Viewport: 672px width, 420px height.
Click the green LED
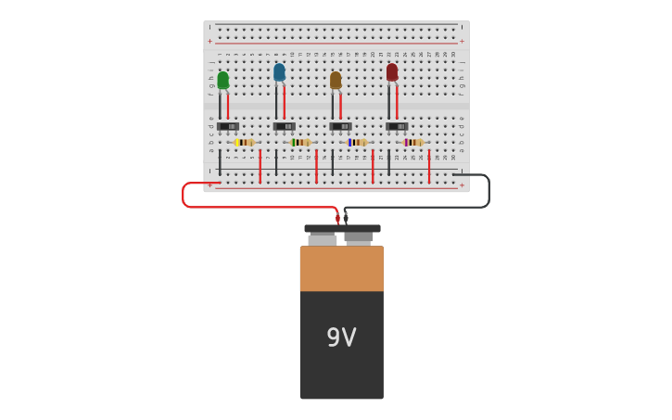coord(222,80)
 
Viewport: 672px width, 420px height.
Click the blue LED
coord(279,71)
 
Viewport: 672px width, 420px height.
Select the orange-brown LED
coord(336,80)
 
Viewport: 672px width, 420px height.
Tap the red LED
coord(392,71)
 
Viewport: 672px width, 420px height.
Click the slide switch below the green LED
coord(228,126)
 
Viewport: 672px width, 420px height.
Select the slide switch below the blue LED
coord(285,126)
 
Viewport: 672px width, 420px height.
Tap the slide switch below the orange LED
coord(340,126)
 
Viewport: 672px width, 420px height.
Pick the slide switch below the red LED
coord(397,126)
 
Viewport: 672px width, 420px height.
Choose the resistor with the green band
coord(300,142)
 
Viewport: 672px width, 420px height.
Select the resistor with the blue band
coord(357,142)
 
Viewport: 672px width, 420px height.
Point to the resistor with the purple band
coord(413,142)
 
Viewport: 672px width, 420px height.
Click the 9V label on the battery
coord(341,337)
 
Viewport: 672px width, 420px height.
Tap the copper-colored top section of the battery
coord(341,268)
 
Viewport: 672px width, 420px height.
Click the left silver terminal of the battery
coord(322,238)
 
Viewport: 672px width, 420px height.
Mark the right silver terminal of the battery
coord(359,237)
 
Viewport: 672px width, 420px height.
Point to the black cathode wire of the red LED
coord(388,102)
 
